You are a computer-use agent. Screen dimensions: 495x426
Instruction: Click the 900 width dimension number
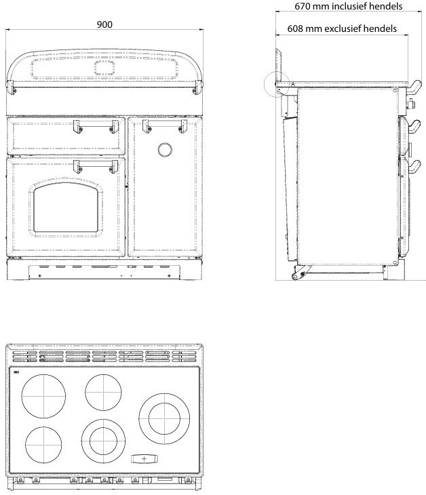click(x=104, y=24)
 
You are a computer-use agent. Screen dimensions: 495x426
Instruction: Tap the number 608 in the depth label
click(x=297, y=29)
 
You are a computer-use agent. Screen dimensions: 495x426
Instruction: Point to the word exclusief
click(x=345, y=29)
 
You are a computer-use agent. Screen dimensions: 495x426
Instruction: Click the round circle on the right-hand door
click(x=164, y=150)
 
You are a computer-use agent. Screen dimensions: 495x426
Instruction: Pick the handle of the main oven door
click(x=94, y=164)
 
